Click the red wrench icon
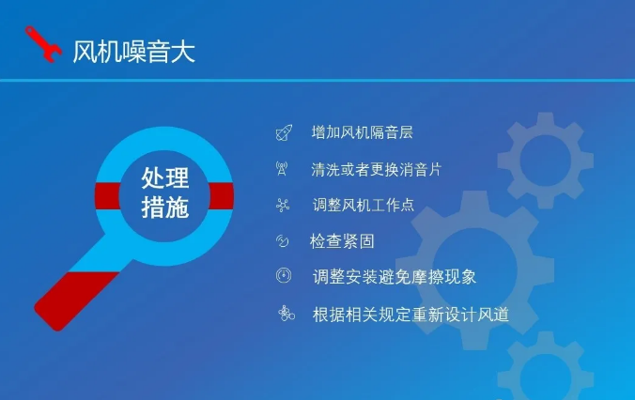[x=43, y=44]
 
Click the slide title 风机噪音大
[x=134, y=52]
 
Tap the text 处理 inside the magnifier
[x=165, y=178]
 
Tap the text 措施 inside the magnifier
[x=165, y=208]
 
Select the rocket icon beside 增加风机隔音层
[x=284, y=132]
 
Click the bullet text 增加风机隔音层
[x=362, y=132]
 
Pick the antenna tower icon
[x=282, y=168]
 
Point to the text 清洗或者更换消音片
[x=377, y=169]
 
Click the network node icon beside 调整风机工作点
[x=283, y=206]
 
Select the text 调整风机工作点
[x=364, y=205]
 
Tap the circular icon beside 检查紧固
[x=282, y=241]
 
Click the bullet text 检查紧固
[x=342, y=241]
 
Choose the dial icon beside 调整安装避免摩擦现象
[x=284, y=275]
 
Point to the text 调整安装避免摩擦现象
[x=395, y=277]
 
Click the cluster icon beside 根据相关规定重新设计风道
[x=287, y=314]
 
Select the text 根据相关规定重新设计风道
[x=410, y=315]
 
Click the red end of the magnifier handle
[x=75, y=300]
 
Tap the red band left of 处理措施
[x=108, y=196]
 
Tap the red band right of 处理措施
[x=221, y=196]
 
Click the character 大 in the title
[x=183, y=52]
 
